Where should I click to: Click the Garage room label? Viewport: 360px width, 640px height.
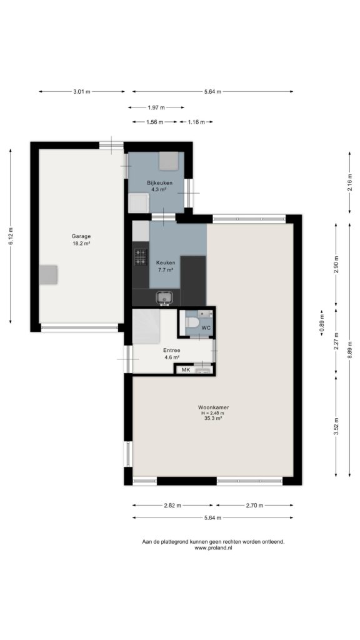[81, 236]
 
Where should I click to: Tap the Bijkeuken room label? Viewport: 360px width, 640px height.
[159, 183]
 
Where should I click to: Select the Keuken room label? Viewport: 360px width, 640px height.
[166, 262]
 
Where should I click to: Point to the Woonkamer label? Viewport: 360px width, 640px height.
[213, 407]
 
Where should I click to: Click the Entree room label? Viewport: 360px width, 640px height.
[171, 350]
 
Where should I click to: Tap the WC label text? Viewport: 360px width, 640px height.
[206, 327]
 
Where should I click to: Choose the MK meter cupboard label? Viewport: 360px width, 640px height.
[186, 370]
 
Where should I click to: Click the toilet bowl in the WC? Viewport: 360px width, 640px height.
[191, 322]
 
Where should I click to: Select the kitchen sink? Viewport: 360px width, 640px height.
[164, 299]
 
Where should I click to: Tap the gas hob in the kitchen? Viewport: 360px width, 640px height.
[141, 257]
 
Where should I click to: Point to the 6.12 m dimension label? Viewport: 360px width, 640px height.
[11, 236]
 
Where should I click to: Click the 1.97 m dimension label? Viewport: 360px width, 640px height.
[156, 107]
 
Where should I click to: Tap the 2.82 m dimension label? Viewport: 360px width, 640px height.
[172, 505]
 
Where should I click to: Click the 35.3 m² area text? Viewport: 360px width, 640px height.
[213, 418]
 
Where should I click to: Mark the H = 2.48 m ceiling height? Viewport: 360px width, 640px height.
[213, 412]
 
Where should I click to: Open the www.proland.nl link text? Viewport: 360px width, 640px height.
[213, 548]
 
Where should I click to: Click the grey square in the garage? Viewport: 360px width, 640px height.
[48, 275]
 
